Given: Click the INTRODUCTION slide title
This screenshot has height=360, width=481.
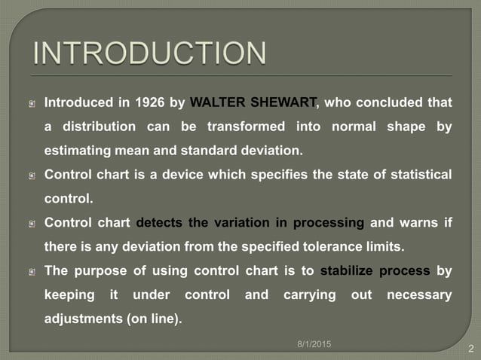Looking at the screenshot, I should tap(150, 53).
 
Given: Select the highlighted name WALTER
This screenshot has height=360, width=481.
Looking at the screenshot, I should tap(216, 102).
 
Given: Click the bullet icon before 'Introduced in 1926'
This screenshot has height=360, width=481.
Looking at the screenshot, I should tap(32, 103).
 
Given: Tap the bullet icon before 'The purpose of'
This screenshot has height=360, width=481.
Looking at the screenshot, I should tap(32, 272).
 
